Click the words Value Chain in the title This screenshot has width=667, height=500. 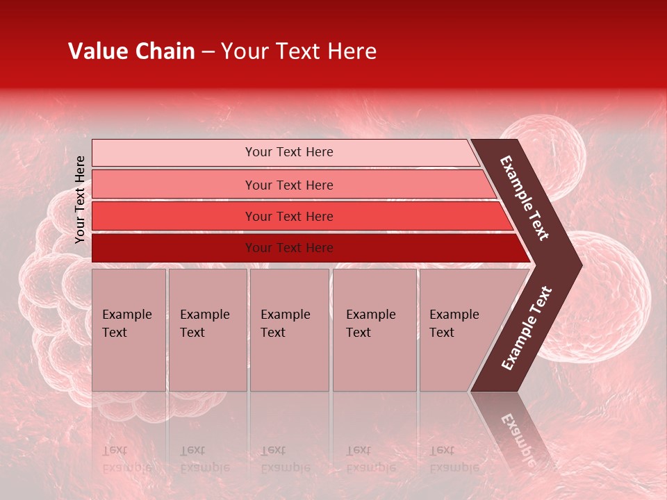(x=131, y=51)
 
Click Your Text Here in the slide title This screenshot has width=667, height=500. (x=299, y=51)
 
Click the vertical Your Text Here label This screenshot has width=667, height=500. (x=80, y=199)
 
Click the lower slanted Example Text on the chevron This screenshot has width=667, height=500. (x=527, y=328)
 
